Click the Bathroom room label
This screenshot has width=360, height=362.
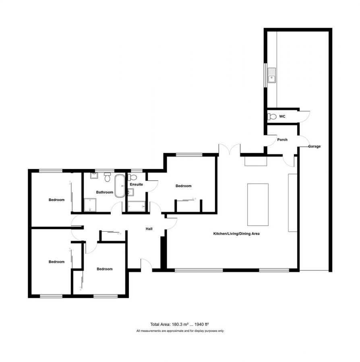pos(104,192)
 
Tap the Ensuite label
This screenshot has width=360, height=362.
pos(136,185)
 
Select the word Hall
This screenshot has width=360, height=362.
pos(149,229)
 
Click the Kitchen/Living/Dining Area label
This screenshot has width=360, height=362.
pos(236,233)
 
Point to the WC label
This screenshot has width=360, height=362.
pos(282,117)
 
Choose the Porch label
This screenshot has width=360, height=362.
pos(282,140)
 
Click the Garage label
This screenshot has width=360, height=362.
pos(314,146)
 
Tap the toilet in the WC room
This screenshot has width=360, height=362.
pos(272,117)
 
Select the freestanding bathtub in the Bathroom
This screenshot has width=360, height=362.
pos(120,185)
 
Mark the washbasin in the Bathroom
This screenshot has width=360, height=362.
pos(94,175)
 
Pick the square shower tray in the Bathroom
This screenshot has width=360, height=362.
pos(90,204)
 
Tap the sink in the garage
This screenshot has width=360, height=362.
pos(272,75)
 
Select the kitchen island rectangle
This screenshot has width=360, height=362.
pos(258,204)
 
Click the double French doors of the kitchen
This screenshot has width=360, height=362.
pos(230,150)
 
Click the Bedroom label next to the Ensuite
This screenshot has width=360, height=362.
pos(183,186)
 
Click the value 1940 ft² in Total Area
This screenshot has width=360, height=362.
pos(201,324)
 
